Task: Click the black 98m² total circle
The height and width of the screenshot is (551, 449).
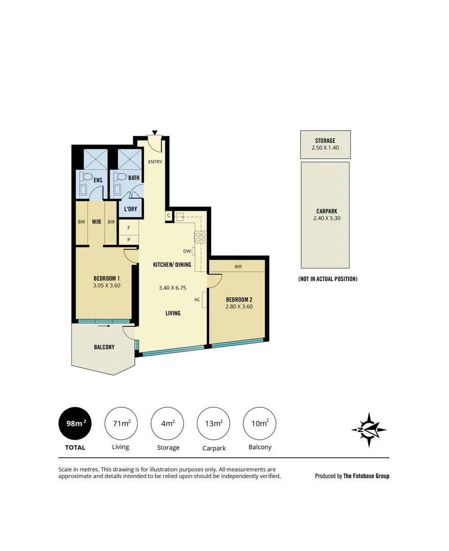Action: tap(76, 423)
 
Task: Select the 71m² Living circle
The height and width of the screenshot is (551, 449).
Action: tap(120, 423)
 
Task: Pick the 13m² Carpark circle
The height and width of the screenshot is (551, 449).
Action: tap(213, 423)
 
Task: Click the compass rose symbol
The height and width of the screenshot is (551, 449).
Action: tap(369, 430)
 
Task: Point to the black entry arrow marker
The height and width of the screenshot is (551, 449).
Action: tap(155, 133)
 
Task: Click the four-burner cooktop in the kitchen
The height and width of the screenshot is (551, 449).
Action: tap(199, 237)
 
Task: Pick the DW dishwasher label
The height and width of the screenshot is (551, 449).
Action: tap(187, 251)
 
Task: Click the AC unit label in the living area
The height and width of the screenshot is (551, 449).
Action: tap(197, 299)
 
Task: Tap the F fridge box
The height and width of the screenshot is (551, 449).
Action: tap(129, 228)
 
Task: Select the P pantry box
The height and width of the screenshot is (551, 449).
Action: tap(129, 239)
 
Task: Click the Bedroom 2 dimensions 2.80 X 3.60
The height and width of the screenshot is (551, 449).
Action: tap(239, 307)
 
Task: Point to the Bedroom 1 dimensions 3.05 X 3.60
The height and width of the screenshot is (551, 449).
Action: tap(107, 286)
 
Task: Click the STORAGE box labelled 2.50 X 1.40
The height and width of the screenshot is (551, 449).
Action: tap(325, 144)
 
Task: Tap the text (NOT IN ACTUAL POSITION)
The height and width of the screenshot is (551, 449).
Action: tap(328, 279)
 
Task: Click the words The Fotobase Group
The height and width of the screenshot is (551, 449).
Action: tap(366, 476)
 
